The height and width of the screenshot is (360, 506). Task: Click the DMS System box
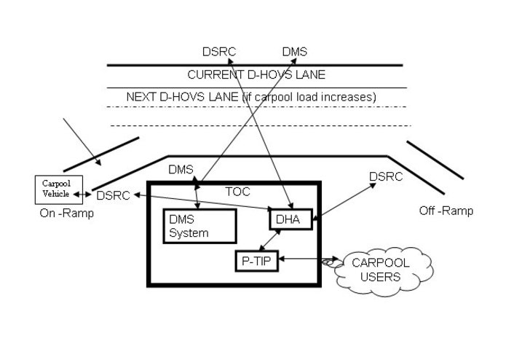click(x=199, y=226)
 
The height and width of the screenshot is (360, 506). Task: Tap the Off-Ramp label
click(x=446, y=211)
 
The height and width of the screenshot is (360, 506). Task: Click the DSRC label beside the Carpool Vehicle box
click(x=113, y=195)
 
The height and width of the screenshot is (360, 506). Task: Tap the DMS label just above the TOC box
click(x=181, y=170)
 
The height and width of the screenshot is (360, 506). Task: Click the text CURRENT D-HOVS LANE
click(x=256, y=74)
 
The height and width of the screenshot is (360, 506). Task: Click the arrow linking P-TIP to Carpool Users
click(x=306, y=259)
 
